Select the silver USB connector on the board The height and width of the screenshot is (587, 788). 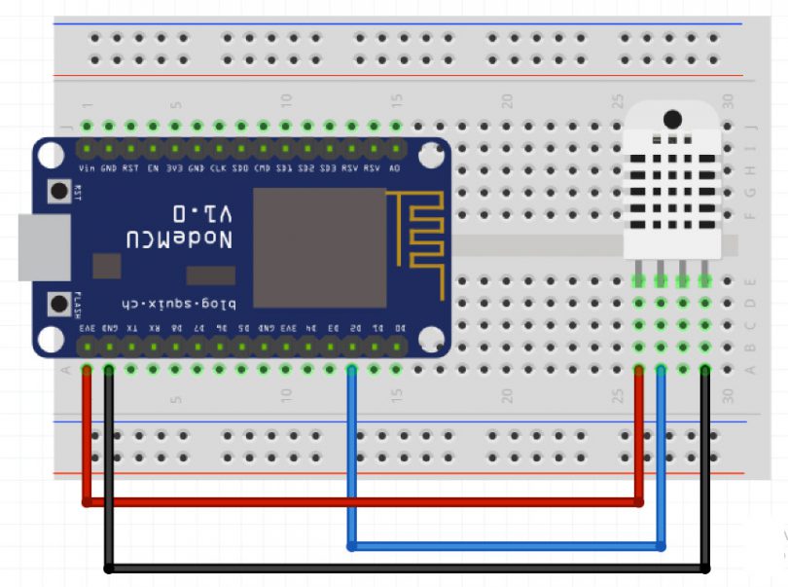click(44, 247)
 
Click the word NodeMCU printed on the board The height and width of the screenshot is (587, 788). click(178, 238)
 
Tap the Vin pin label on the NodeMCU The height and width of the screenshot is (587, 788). click(87, 168)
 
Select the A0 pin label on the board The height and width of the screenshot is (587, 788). click(395, 168)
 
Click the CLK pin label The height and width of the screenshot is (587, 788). click(218, 168)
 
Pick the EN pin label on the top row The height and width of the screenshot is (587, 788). click(153, 168)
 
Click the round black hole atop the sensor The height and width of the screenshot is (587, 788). click(671, 119)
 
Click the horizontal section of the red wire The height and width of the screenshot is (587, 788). click(360, 502)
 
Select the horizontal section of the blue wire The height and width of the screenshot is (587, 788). click(506, 546)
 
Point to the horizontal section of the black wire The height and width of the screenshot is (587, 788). click(409, 568)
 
